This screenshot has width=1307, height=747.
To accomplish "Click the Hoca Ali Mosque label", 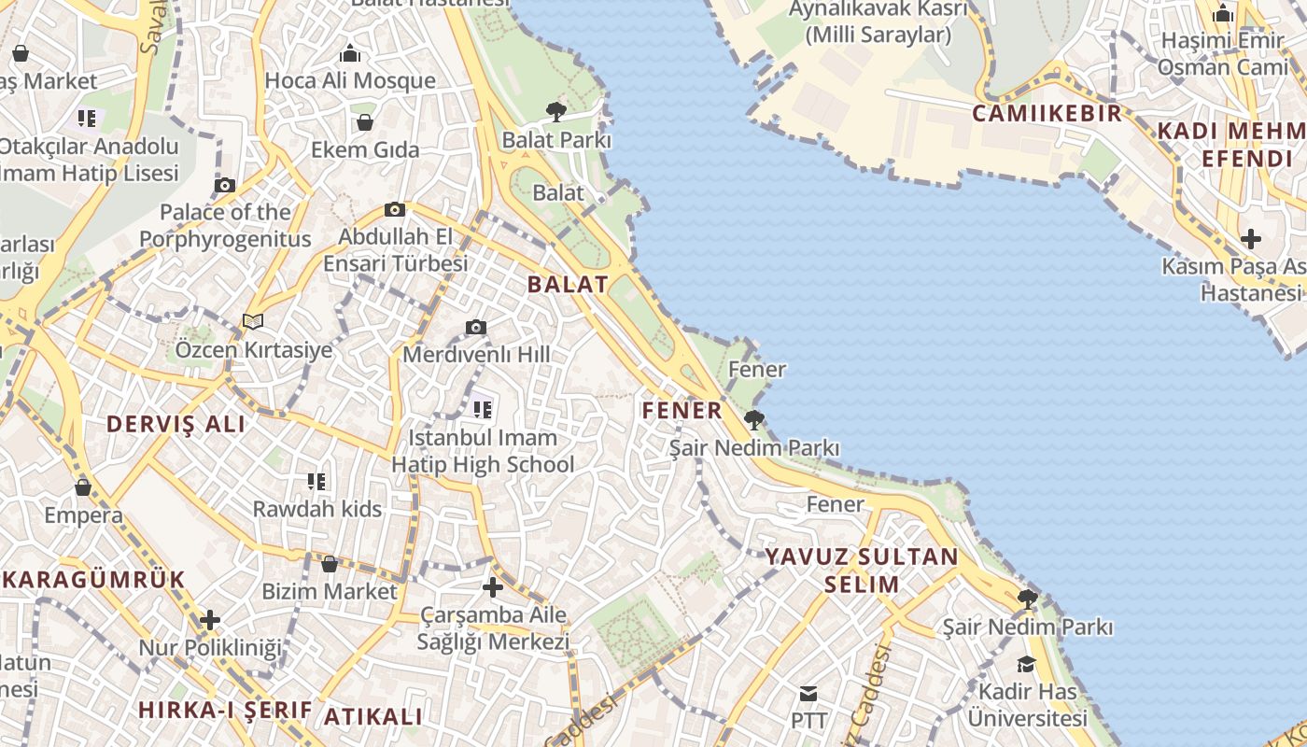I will pyautogui.click(x=350, y=80).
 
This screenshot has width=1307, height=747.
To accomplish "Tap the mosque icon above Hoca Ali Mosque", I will pyautogui.click(x=350, y=53).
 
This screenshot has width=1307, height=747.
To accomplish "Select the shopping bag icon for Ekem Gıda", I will pyautogui.click(x=365, y=122).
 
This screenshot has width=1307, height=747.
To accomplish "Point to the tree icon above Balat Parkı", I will pyautogui.click(x=556, y=112).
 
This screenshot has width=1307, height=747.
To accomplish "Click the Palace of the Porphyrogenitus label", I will pyautogui.click(x=225, y=225).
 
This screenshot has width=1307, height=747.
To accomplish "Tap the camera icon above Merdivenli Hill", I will pyautogui.click(x=476, y=327).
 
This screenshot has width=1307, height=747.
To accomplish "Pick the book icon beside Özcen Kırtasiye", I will pyautogui.click(x=253, y=322).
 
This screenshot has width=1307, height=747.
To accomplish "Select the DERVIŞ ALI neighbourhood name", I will pyautogui.click(x=176, y=424).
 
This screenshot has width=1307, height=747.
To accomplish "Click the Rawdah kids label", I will pyautogui.click(x=317, y=509).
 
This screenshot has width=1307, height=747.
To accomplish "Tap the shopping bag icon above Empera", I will pyautogui.click(x=83, y=487).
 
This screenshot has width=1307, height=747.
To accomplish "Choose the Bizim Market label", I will pyautogui.click(x=330, y=591).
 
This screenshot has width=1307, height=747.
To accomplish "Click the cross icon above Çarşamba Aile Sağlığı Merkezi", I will pyautogui.click(x=493, y=587).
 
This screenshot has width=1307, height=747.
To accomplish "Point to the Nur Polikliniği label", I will pyautogui.click(x=210, y=647).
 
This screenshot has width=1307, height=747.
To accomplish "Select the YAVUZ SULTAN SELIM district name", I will pyautogui.click(x=862, y=571).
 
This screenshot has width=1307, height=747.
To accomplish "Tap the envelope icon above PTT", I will pyautogui.click(x=808, y=694).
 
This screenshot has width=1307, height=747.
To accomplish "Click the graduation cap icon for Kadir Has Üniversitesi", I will pyautogui.click(x=1027, y=664).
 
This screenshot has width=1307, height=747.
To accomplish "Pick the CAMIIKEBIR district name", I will pyautogui.click(x=1047, y=114).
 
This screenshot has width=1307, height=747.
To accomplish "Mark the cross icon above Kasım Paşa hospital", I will pyautogui.click(x=1251, y=239).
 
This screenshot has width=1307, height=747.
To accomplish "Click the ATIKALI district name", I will pyautogui.click(x=373, y=717).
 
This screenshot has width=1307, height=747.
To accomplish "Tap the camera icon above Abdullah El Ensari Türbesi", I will pyautogui.click(x=395, y=210).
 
